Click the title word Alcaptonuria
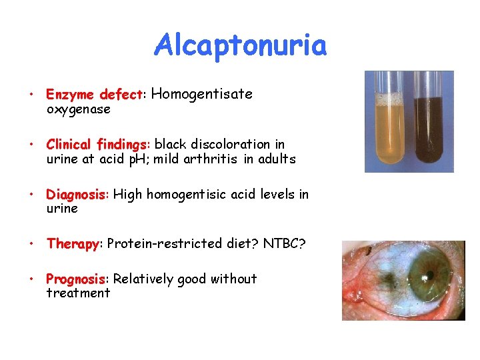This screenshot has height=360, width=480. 241,46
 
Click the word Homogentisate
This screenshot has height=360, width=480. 202,94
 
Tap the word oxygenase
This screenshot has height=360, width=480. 78,109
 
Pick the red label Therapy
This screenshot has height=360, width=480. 73,243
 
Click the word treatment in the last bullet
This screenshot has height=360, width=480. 78,293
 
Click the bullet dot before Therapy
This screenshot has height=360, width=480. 32,243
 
